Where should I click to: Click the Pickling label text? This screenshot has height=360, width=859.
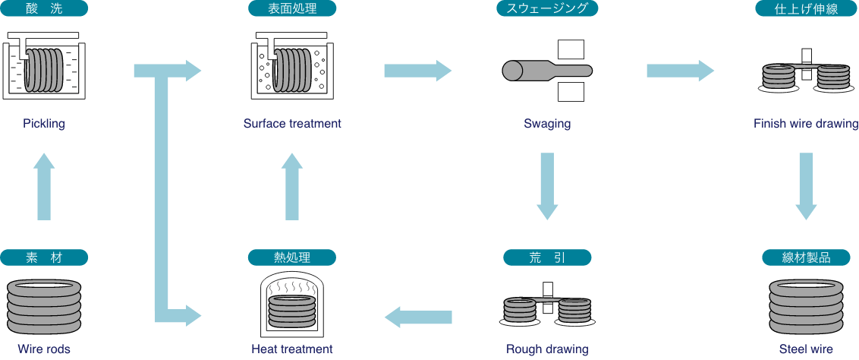click(x=44, y=124)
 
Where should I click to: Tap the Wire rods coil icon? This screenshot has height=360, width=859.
click(x=44, y=307)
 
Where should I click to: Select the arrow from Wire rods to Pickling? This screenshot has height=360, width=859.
click(x=45, y=186)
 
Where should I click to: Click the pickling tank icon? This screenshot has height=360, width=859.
click(x=44, y=66)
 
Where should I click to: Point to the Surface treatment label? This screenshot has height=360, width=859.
click(x=292, y=124)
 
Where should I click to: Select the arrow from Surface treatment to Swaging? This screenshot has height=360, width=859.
click(x=417, y=71)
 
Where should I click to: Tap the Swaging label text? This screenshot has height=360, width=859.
click(x=547, y=124)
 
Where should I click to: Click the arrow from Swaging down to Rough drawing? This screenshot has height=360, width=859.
click(x=547, y=186)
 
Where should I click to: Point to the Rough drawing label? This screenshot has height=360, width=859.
click(x=547, y=349)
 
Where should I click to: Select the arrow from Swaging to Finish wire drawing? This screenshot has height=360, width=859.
click(x=680, y=71)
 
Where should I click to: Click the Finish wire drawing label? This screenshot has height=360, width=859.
click(x=806, y=124)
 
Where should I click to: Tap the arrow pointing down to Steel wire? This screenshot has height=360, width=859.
click(x=806, y=186)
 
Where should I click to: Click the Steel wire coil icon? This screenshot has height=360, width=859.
click(x=806, y=307)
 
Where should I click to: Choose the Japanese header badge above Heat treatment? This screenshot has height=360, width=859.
click(x=292, y=257)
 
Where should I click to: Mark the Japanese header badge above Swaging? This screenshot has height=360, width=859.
click(x=547, y=9)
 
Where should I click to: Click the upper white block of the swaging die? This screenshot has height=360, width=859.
click(x=571, y=49)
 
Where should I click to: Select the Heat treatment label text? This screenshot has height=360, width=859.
click(x=292, y=349)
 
